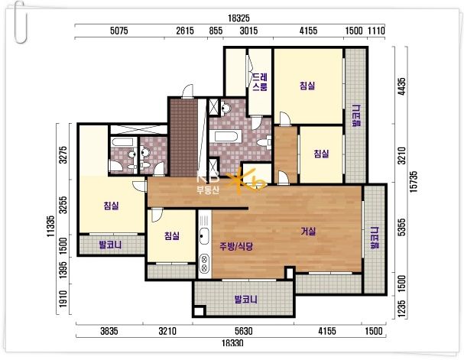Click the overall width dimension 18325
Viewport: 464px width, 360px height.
click(x=238, y=18)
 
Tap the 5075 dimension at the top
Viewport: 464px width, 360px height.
click(x=119, y=31)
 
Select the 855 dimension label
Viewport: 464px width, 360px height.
click(x=216, y=31)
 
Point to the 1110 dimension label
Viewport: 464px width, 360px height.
click(x=376, y=31)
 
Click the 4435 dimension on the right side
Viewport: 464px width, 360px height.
click(x=401, y=86)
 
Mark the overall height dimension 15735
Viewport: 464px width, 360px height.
click(x=414, y=182)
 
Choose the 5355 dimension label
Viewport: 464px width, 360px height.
click(x=401, y=227)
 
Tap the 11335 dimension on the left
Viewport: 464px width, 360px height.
click(x=50, y=226)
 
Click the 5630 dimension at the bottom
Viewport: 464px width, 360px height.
click(x=244, y=331)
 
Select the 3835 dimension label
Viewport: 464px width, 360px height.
click(x=109, y=331)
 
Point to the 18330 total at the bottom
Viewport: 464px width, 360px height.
click(x=232, y=343)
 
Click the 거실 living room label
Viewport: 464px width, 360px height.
click(x=308, y=232)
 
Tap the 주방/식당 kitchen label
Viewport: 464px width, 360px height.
click(x=236, y=246)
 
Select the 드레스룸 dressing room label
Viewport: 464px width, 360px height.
click(x=260, y=82)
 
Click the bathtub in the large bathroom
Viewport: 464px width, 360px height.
click(x=226, y=137)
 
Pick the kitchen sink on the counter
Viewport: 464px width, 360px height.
click(x=204, y=235)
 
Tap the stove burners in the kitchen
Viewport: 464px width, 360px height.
click(x=204, y=263)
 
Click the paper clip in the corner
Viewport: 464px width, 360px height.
click(x=21, y=21)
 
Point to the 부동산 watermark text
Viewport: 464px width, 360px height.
click(x=208, y=190)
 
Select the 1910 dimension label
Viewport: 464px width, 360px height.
click(x=63, y=299)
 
